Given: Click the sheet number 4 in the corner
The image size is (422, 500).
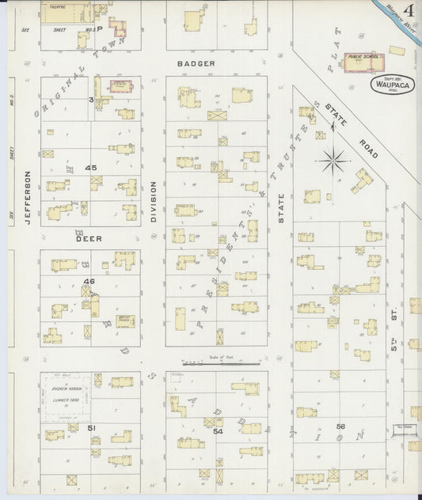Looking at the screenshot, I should [x=409, y=11].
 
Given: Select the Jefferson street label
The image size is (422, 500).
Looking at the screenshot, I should [x=27, y=199].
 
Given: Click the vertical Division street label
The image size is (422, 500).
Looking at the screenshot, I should [x=153, y=201].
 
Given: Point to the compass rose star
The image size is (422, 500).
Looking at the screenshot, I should [x=333, y=161].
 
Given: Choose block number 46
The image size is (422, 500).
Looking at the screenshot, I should [x=89, y=281].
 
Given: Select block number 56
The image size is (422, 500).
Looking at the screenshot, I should [x=341, y=426].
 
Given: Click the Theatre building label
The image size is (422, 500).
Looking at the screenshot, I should [x=56, y=6].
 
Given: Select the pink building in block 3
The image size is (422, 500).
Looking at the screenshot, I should [x=120, y=85].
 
